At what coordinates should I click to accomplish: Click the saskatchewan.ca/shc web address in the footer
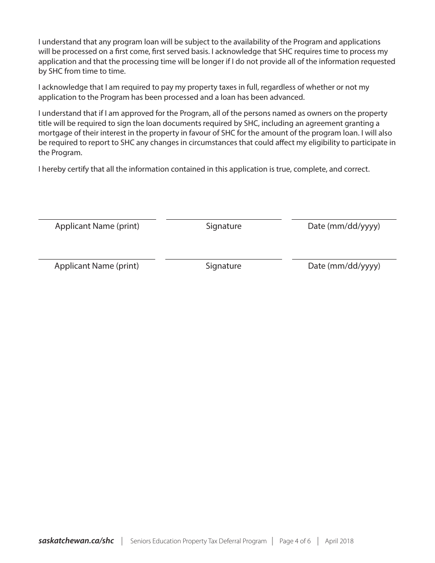[76, 541]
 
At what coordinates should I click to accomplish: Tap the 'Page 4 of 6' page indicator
[295, 541]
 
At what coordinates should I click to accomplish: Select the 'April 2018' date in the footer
[339, 541]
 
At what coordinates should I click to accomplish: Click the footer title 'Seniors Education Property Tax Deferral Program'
[198, 541]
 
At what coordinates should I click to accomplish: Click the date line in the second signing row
[344, 259]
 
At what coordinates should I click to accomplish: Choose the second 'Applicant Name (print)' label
[97, 266]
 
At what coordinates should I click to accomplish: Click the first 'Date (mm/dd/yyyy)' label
[344, 226]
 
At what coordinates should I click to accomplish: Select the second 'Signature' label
[223, 266]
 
